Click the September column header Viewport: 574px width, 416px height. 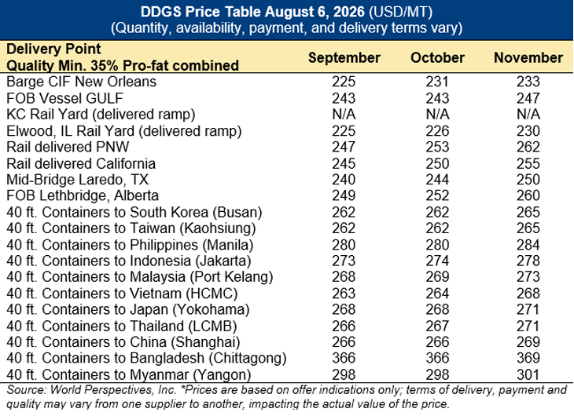pos(344,58)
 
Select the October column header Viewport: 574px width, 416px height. pos(437,58)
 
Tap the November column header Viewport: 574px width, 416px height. pos(528,58)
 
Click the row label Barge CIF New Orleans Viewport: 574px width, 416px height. pos(81,82)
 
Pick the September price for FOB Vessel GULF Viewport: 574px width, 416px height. pos(344,98)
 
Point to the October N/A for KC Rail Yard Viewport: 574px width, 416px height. pos(437,115)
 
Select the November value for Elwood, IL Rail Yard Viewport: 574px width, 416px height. pos(528,131)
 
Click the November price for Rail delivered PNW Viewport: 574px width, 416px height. pos(528,147)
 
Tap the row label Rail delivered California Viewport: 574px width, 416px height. pos(81,163)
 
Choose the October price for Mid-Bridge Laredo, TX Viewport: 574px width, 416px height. pos(437,180)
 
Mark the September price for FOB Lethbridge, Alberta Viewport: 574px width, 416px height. pos(344,195)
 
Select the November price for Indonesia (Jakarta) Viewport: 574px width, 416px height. pos(528,261)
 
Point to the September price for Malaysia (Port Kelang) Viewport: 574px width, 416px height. pos(344,277)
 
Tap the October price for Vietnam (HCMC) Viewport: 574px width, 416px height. pos(437,294)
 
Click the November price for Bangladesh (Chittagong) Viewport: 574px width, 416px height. pos(528,358)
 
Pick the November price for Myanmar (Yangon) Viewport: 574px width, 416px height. pos(528,374)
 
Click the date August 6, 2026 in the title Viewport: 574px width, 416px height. pos(315,12)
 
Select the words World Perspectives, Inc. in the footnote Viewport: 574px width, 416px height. pos(113,390)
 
